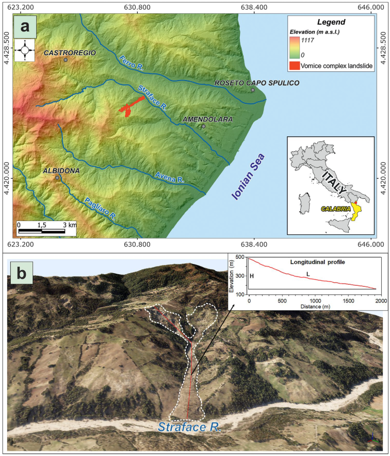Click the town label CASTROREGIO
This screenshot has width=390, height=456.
(x=66, y=53)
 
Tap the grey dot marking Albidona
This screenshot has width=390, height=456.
(x=58, y=178)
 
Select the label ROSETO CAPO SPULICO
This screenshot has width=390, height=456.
(x=250, y=83)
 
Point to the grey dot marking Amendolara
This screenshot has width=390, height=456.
(x=204, y=126)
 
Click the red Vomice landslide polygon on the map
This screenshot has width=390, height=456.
(x=131, y=106)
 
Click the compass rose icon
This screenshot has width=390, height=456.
(x=25, y=51)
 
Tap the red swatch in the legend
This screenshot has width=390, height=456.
(x=298, y=66)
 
